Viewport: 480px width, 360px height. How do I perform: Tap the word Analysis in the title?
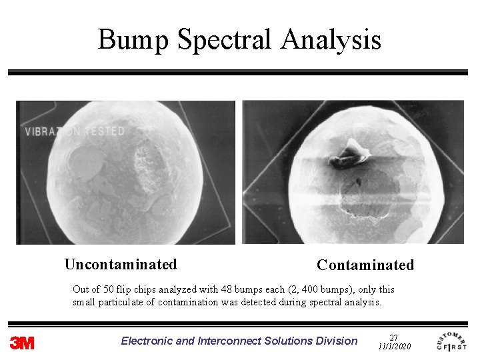click(x=331, y=40)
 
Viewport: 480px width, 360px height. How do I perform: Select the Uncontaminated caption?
click(x=121, y=265)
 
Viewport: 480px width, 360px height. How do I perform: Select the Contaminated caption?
click(x=365, y=265)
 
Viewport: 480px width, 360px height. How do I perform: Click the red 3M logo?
click(x=22, y=343)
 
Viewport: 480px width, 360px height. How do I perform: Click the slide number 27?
click(x=393, y=338)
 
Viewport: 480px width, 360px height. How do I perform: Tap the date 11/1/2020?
click(x=394, y=347)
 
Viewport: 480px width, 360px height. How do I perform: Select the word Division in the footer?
click(x=337, y=341)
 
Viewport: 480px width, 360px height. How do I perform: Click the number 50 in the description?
click(x=108, y=289)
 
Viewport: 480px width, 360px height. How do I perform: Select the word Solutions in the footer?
click(x=289, y=341)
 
